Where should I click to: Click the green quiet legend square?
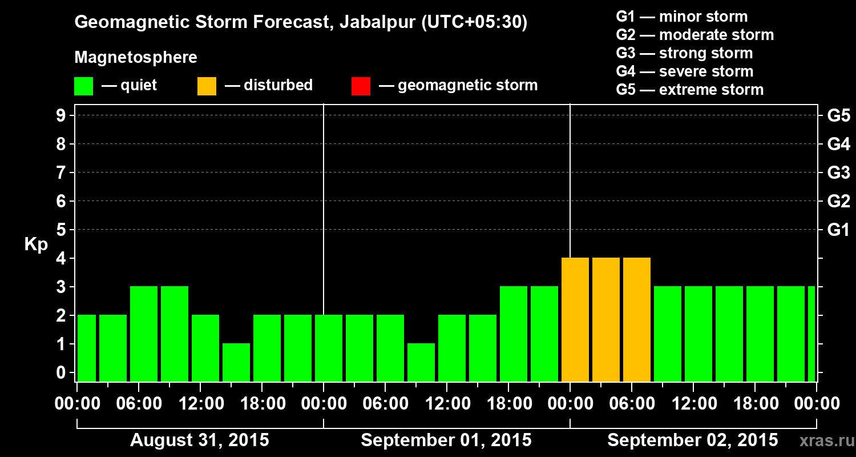pos(83,86)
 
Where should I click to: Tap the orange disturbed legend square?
pos(207,86)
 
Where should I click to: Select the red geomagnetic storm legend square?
pos(361,86)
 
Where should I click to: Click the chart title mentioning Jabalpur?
pos(301,23)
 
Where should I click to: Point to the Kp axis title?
pos(36,244)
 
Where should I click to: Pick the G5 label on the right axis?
pos(838,116)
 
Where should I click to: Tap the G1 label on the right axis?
pos(838,230)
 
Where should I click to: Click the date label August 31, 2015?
pos(200,440)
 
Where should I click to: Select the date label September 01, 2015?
pos(446,440)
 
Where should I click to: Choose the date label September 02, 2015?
pos(692,440)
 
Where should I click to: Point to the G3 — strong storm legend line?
pos(684,53)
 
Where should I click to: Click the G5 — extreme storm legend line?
pos(689,90)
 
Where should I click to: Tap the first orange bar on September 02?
pos(575,319)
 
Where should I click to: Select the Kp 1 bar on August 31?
pos(236,362)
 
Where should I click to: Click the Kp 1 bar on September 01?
pos(421,362)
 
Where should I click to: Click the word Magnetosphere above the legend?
pos(136,58)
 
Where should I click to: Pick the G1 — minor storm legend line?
pos(681,17)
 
